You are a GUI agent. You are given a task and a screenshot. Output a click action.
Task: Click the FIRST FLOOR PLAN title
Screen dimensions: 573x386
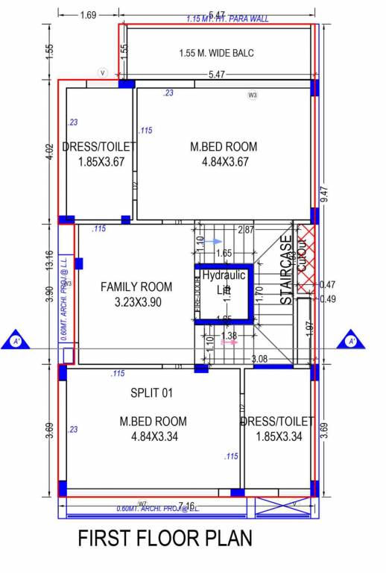coord(165,538)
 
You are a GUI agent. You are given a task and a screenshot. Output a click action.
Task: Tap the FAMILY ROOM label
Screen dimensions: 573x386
coord(136,286)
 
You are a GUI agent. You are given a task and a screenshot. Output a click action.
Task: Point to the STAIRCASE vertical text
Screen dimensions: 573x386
coord(286,270)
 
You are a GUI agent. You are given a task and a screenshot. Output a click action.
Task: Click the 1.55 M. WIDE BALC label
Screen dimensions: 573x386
coord(217,53)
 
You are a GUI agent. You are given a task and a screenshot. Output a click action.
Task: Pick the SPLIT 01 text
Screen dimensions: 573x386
coord(152,392)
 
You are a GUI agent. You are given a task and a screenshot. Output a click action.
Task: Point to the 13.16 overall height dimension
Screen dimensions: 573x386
coord(49,254)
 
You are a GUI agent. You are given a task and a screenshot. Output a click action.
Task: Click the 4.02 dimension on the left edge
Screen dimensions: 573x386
coord(50,154)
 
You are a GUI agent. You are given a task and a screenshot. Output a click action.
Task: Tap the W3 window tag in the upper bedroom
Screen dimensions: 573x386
coord(253,95)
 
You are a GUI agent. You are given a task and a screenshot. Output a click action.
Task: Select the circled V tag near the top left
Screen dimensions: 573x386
coord(103,72)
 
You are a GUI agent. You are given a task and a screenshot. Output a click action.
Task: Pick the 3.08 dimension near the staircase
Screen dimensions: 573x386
coord(259,359)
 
